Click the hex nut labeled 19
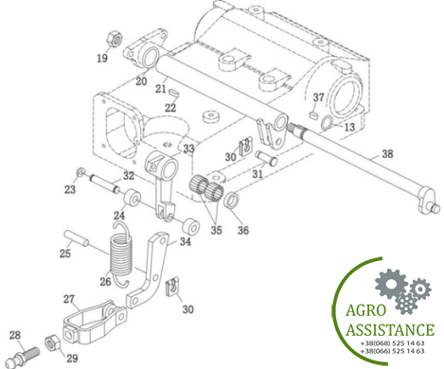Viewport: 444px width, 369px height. pyautogui.click(x=114, y=39)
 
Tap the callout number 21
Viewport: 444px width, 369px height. pyautogui.click(x=161, y=89)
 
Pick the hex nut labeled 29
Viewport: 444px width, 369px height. pyautogui.click(x=53, y=343)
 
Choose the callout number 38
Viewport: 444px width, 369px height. pyautogui.click(x=387, y=154)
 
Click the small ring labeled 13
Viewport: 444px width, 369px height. pyautogui.click(x=327, y=123)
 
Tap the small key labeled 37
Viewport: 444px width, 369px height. pyautogui.click(x=312, y=114)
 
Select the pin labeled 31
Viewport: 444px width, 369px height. pyautogui.click(x=266, y=157)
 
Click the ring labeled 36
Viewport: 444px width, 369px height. pyautogui.click(x=231, y=201)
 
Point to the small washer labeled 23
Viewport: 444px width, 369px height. pyautogui.click(x=80, y=172)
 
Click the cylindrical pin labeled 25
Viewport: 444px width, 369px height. pyautogui.click(x=77, y=239)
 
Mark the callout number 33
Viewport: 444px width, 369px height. pyautogui.click(x=188, y=149)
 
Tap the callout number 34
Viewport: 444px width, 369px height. pyautogui.click(x=186, y=242)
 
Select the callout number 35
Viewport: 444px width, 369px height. pyautogui.click(x=216, y=230)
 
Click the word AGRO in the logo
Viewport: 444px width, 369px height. pyautogui.click(x=366, y=310)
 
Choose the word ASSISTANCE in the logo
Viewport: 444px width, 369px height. pyautogui.click(x=390, y=330)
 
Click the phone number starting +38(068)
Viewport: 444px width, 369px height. pyautogui.click(x=392, y=343)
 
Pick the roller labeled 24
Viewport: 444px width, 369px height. pyautogui.click(x=131, y=197)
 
